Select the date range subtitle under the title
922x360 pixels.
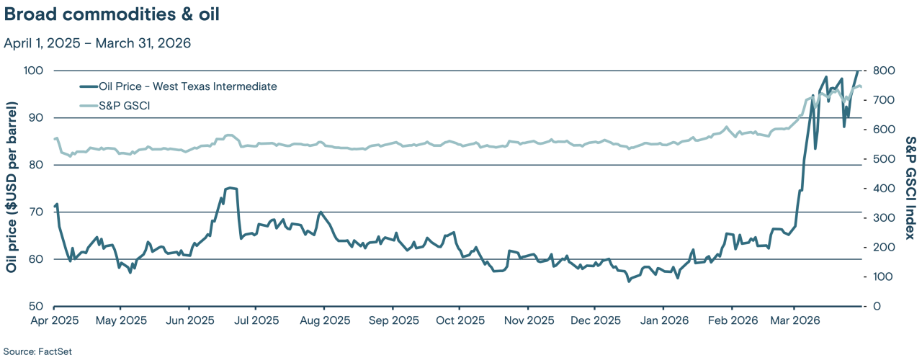point(97,43)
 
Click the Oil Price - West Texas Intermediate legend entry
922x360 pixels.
point(177,86)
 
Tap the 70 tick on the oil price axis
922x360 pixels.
point(37,212)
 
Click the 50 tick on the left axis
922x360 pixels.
point(37,306)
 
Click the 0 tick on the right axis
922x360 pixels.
point(874,306)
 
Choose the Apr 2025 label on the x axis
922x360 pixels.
point(55,320)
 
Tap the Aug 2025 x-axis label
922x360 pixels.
point(323,320)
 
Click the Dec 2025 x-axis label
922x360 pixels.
point(595,320)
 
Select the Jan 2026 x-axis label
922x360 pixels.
point(663,320)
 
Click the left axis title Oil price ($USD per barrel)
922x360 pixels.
point(12,188)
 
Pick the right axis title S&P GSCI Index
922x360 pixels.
point(910,188)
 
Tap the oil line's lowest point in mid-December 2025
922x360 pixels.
point(628,281)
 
